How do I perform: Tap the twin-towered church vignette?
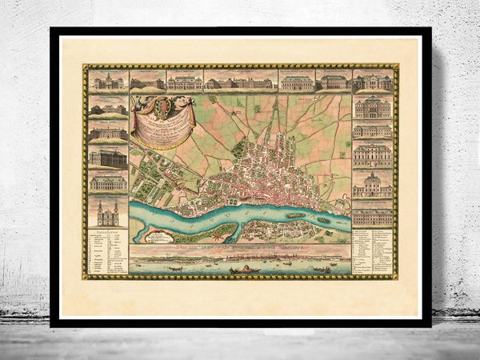coord(107,213)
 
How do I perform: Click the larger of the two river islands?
coord(295,215)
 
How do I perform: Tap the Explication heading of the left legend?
coord(107,233)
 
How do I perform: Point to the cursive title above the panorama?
coord(240,249)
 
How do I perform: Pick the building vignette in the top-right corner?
coord(372,82)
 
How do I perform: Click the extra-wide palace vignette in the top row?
coord(240,82)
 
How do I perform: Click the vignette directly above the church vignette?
coord(107,182)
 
